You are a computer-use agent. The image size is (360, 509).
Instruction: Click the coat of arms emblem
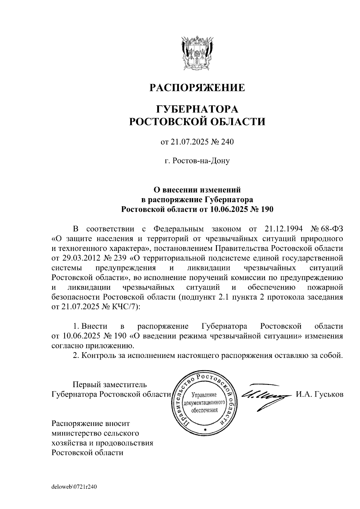(x=197, y=53)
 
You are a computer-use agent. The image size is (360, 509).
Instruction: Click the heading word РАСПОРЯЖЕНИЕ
(x=197, y=88)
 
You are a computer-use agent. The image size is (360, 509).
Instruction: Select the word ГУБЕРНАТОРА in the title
(x=197, y=109)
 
